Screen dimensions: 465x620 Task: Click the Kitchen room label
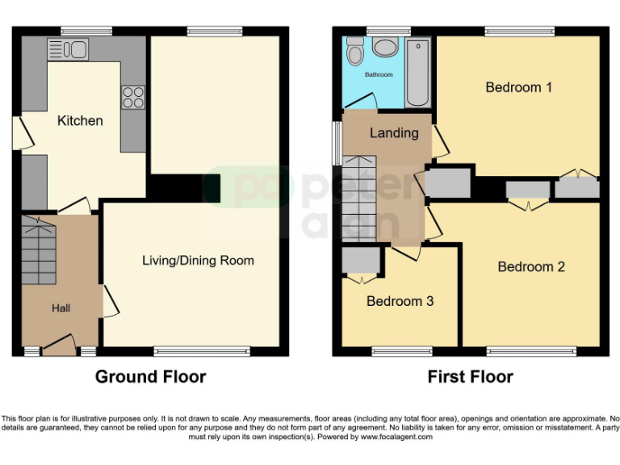tap(80, 121)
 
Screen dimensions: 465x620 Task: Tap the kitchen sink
tap(68, 50)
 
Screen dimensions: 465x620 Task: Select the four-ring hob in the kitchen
tap(132, 97)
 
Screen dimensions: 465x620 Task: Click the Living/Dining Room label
tap(198, 260)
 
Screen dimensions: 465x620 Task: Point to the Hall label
tap(61, 308)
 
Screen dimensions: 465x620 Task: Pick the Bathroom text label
tap(378, 75)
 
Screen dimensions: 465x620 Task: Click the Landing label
tap(394, 133)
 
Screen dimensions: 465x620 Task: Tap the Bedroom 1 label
tap(518, 87)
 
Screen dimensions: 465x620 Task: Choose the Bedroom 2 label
tap(530, 267)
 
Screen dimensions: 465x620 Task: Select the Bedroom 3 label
tap(400, 301)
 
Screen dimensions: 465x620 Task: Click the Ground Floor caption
tap(150, 377)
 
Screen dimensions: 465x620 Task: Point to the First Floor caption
tap(470, 377)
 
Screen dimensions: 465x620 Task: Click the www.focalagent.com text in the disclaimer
tap(396, 437)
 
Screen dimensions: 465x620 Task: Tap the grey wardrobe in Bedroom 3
tap(360, 261)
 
